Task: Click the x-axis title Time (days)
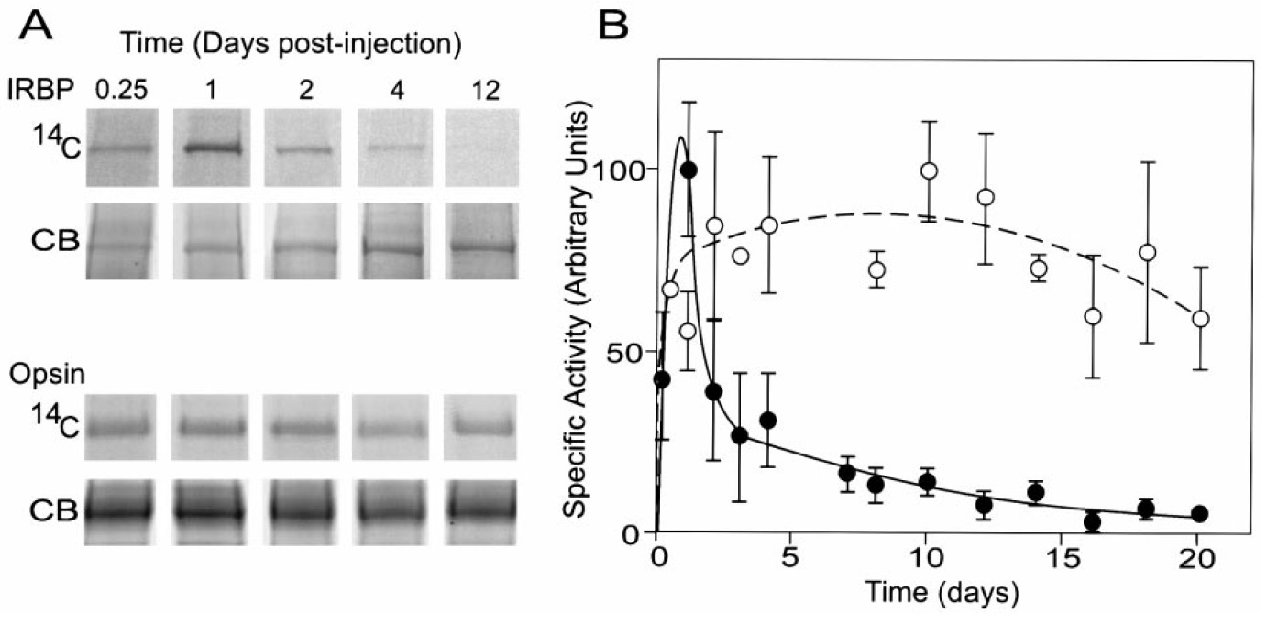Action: pos(929,593)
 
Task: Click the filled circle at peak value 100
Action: pos(689,170)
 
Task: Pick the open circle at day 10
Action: pos(929,170)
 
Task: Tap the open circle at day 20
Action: pos(1200,319)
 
